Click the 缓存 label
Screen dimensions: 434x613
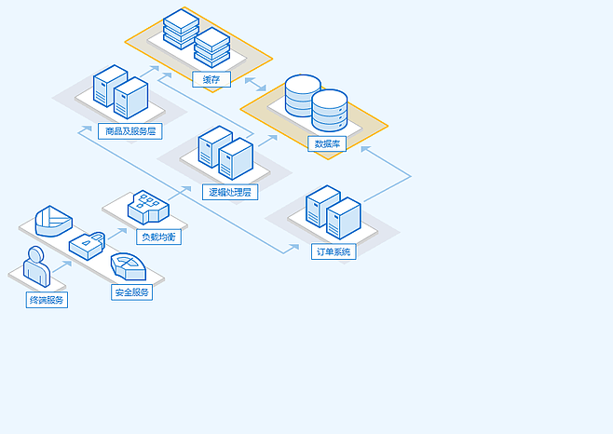click(x=211, y=79)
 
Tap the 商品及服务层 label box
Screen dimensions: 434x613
click(x=131, y=131)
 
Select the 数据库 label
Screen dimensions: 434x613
click(x=330, y=143)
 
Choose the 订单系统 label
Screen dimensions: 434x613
click(x=334, y=251)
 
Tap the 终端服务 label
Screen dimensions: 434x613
click(x=47, y=300)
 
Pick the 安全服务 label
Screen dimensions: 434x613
click(x=132, y=292)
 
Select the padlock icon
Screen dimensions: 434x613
click(x=87, y=244)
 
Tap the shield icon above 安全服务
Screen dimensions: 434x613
click(x=128, y=266)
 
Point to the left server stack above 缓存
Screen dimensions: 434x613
click(x=181, y=31)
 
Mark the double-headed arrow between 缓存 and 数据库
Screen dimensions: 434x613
click(x=256, y=86)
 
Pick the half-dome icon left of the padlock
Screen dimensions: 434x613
click(x=53, y=222)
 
